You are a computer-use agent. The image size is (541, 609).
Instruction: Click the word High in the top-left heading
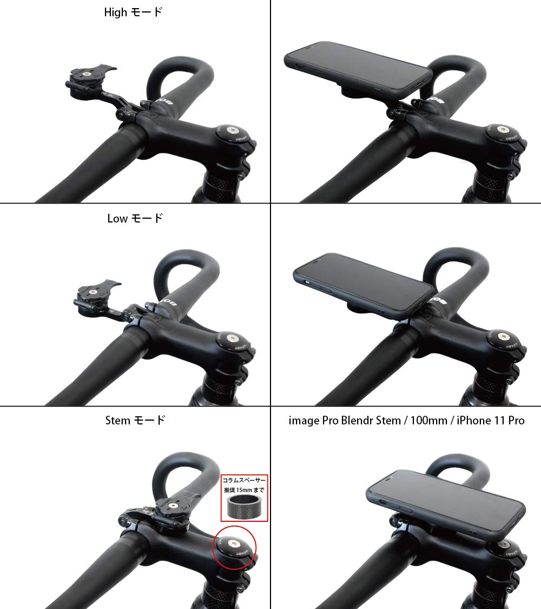[115, 12]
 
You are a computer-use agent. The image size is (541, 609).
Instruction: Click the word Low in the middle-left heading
[117, 219]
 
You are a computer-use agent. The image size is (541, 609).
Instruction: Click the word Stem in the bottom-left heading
[117, 420]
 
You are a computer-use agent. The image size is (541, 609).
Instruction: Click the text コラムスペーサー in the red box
[245, 480]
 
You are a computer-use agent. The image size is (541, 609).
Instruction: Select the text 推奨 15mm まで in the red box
[245, 490]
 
